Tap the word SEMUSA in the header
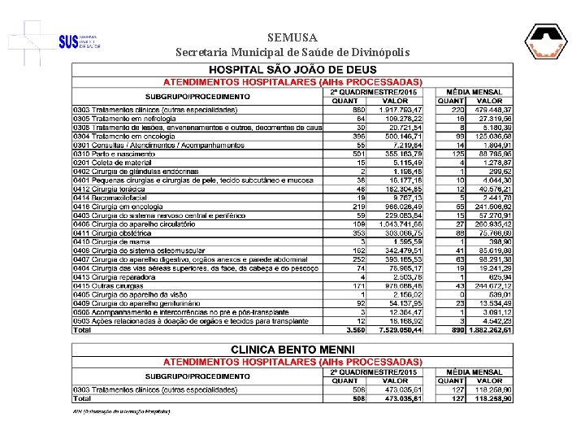[292, 37]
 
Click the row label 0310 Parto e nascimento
[113, 152]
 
